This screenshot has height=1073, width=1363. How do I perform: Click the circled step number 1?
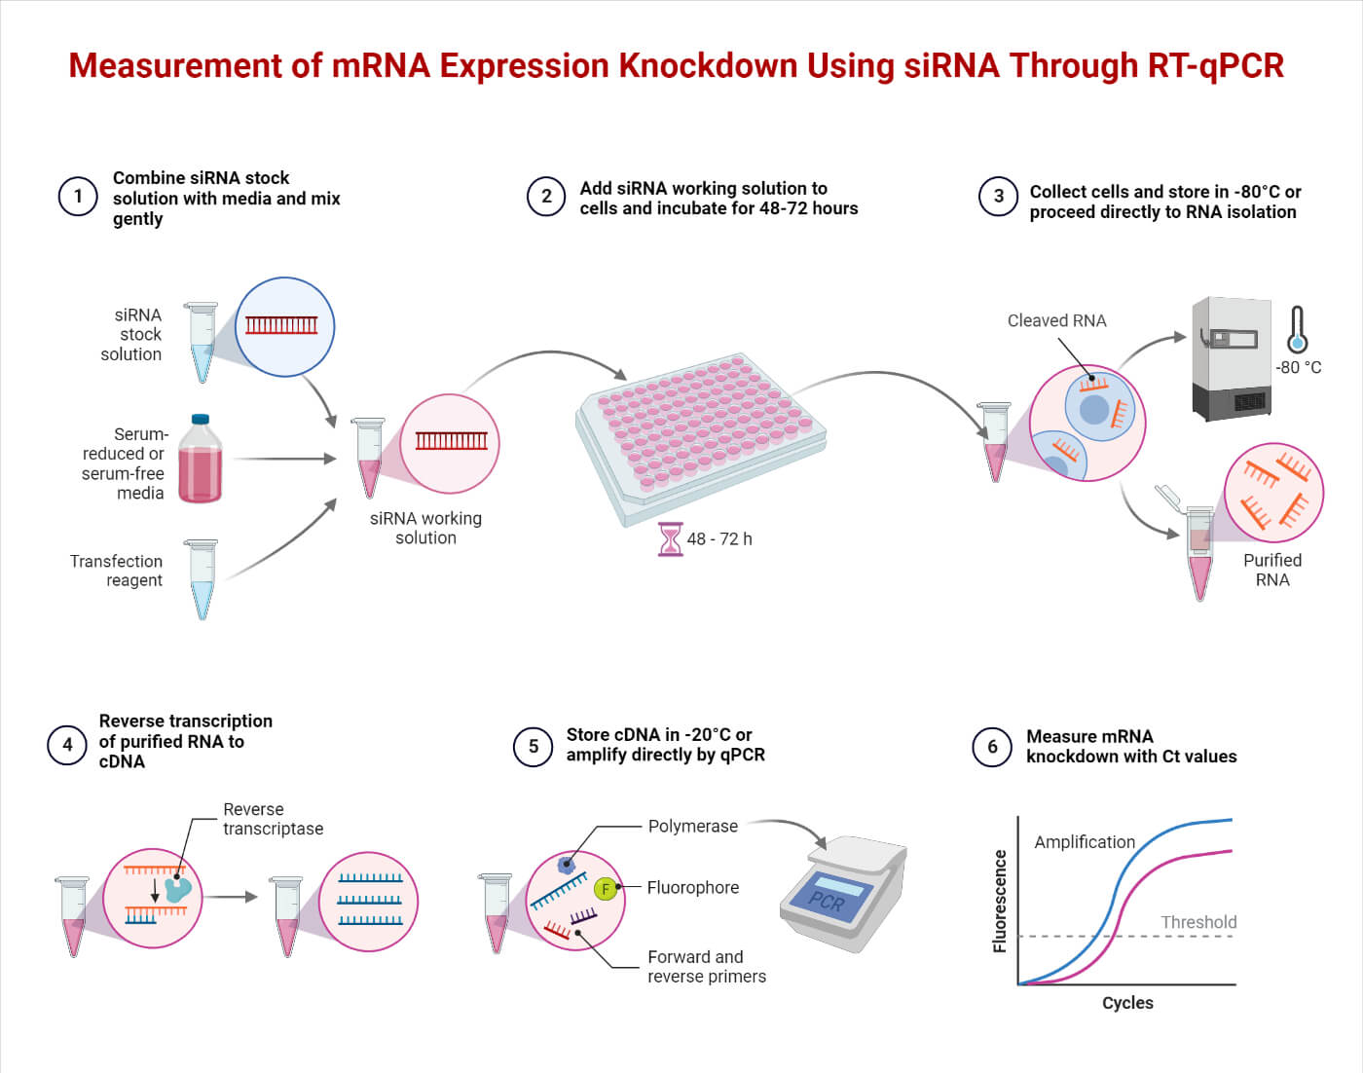click(x=78, y=197)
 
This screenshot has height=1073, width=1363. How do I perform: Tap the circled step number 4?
click(x=67, y=745)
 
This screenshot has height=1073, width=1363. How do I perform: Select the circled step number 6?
click(x=992, y=747)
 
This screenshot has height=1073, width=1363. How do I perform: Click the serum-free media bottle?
click(x=200, y=460)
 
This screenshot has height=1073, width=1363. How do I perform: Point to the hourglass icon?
click(x=671, y=538)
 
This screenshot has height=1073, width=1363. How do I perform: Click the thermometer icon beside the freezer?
click(x=1297, y=330)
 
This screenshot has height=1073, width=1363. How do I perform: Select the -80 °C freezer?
click(x=1233, y=358)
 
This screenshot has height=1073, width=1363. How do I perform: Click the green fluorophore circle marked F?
click(x=606, y=889)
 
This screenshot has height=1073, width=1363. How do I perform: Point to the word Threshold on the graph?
click(x=1198, y=922)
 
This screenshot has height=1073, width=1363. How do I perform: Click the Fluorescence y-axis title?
click(x=1000, y=901)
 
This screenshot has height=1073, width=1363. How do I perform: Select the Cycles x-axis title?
click(x=1127, y=1003)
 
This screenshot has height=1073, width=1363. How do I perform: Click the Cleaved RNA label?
click(x=1056, y=320)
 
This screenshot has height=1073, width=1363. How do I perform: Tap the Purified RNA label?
click(x=1272, y=570)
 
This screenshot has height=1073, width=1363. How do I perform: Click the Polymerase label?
click(x=693, y=826)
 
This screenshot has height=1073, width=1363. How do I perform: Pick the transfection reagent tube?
click(x=203, y=578)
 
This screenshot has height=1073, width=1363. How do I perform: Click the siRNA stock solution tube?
click(x=203, y=341)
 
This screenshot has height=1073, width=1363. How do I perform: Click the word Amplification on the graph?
click(x=1085, y=842)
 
